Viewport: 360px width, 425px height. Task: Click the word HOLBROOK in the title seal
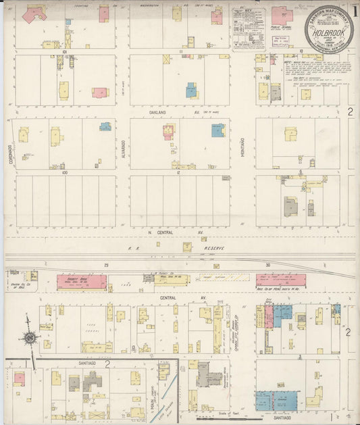pos(328,30)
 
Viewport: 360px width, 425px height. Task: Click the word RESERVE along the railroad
pos(215,249)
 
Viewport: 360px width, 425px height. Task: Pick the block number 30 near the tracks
pos(267,266)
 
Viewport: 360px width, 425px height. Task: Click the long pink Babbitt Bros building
pos(82,282)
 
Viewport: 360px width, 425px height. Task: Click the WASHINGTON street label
pos(153,6)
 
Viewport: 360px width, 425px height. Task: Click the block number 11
pos(181,51)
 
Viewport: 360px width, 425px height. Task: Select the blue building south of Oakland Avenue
pos(217,130)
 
